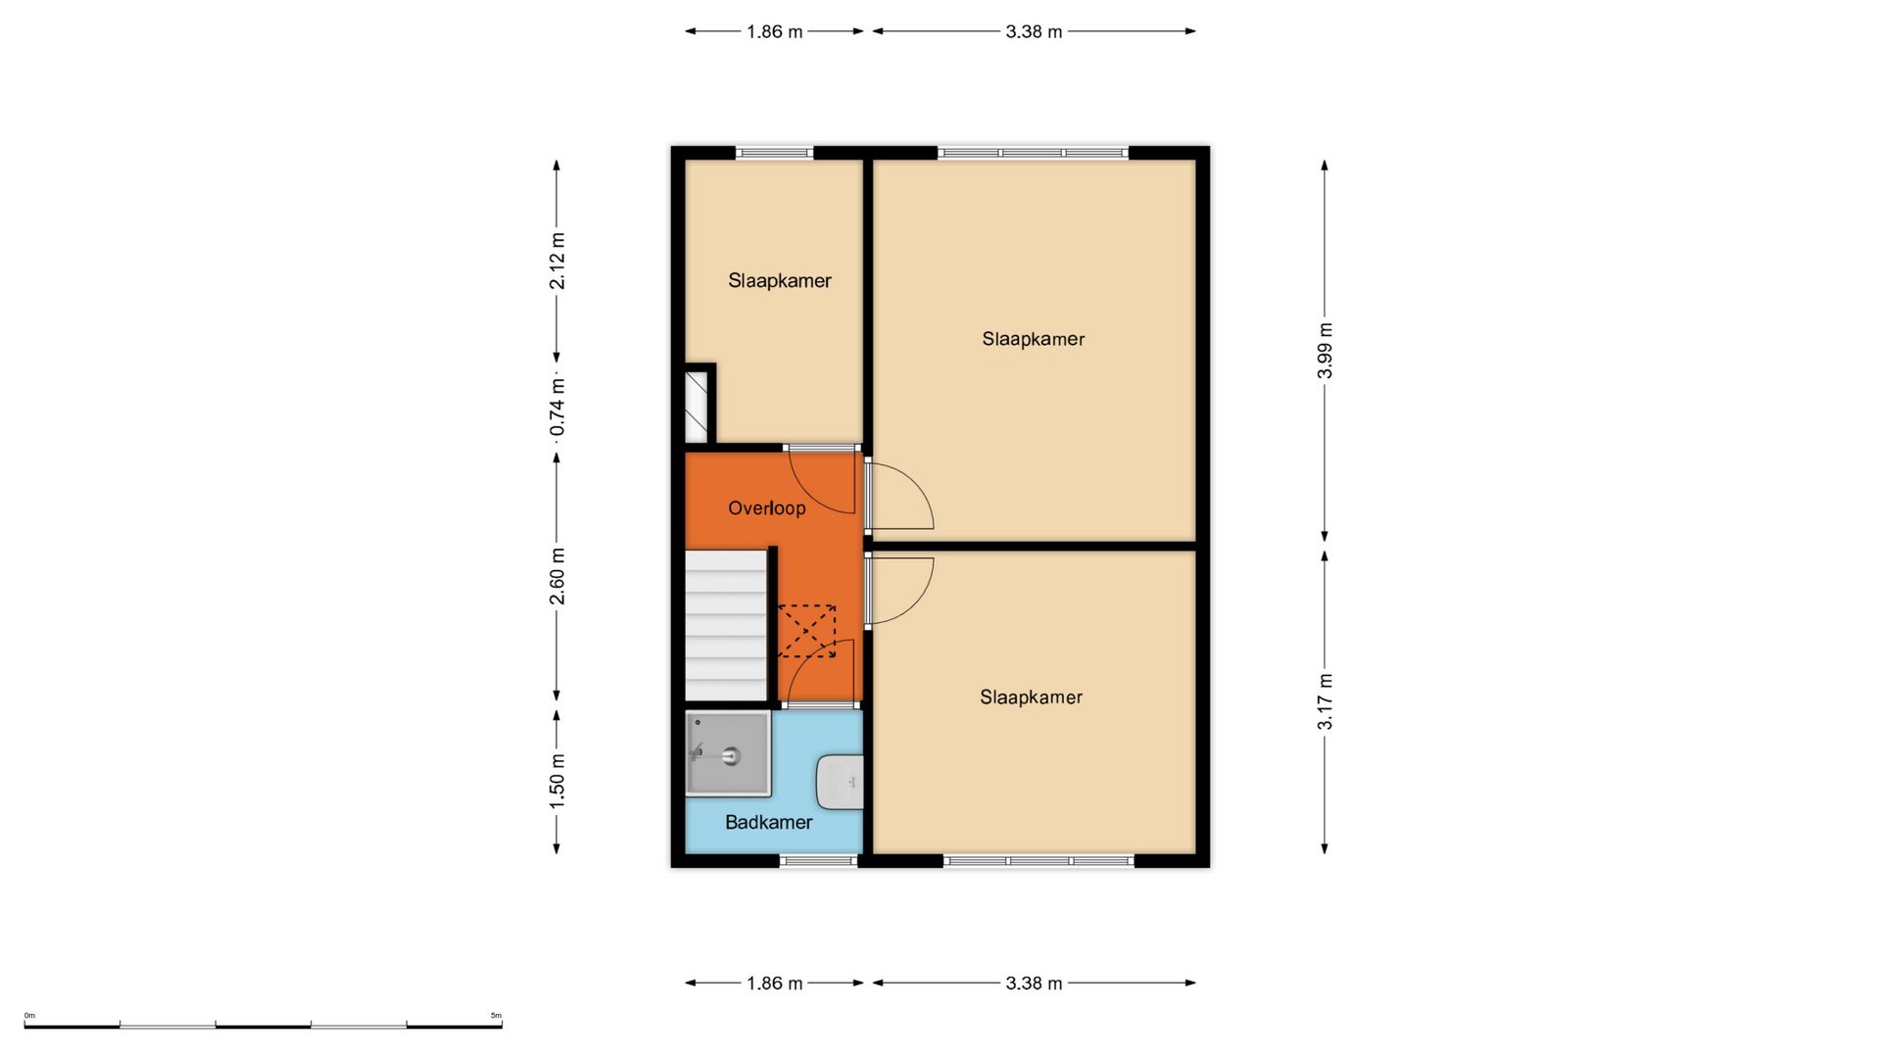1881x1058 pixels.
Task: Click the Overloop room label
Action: (x=766, y=507)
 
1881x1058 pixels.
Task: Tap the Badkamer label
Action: (x=768, y=822)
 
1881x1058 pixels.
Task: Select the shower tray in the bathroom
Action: (x=728, y=753)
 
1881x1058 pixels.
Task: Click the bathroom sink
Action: (x=841, y=782)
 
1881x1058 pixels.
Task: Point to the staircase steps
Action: (x=725, y=625)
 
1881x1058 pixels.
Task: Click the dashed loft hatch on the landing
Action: (x=806, y=631)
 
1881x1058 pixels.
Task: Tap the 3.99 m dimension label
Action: (x=1325, y=350)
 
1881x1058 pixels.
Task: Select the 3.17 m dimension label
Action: (x=1325, y=701)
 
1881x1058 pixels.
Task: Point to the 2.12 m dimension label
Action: (x=556, y=262)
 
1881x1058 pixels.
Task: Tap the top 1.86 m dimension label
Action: (x=774, y=31)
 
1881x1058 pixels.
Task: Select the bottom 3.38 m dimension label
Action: (x=1034, y=983)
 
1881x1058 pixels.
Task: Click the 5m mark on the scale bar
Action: (x=496, y=1016)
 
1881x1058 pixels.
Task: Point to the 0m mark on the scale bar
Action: (x=29, y=1016)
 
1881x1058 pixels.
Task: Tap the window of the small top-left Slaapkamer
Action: (x=774, y=153)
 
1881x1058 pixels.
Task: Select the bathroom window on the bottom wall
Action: (x=819, y=861)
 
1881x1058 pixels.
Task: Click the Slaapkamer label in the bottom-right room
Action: (x=1031, y=697)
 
